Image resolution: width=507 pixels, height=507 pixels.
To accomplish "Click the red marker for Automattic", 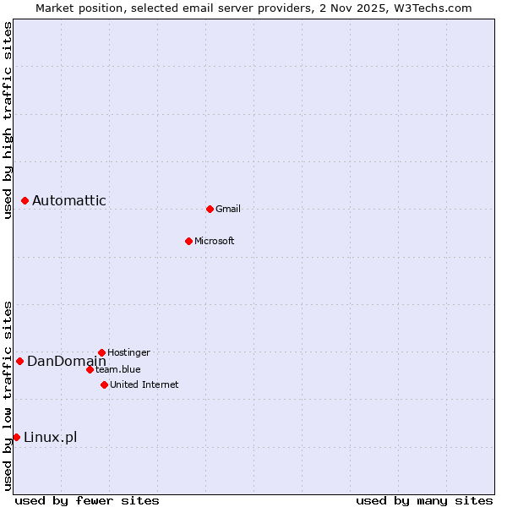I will (x=25, y=200).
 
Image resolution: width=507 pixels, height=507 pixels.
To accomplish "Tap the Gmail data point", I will (x=210, y=209).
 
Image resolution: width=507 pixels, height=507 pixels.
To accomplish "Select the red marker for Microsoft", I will (x=188, y=241).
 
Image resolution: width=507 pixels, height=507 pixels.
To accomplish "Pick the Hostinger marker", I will (x=101, y=352).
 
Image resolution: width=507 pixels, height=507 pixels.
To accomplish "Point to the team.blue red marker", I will (x=90, y=369).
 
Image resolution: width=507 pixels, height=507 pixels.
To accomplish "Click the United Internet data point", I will (x=104, y=384).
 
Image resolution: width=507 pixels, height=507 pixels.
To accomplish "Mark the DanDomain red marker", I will (x=19, y=361).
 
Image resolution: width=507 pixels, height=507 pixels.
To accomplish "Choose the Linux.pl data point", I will (x=16, y=437).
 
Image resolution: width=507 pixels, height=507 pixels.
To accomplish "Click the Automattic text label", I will (x=69, y=200).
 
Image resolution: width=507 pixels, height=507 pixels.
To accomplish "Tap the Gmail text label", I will (x=228, y=209).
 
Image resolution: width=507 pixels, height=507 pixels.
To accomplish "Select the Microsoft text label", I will (x=215, y=241).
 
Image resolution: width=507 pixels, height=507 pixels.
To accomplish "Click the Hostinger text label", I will (x=128, y=352).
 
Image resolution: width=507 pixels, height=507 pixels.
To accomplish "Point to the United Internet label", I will (x=144, y=384).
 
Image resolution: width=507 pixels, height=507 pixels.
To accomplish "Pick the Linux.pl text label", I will (x=51, y=437).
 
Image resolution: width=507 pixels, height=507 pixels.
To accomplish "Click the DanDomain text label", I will (x=67, y=361).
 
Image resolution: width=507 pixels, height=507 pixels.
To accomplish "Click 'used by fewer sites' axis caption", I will (x=87, y=500).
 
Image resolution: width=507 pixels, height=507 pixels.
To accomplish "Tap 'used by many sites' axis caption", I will (x=424, y=500).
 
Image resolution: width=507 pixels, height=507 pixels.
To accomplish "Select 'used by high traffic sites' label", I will (x=8, y=120).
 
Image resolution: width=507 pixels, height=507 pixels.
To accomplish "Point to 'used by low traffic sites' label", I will (x=8, y=395).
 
